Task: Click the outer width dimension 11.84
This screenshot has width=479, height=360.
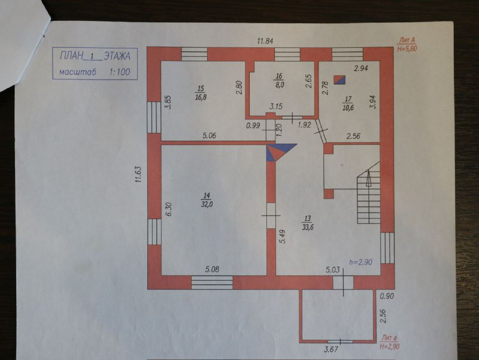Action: click(x=265, y=41)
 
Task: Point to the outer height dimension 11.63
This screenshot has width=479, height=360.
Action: click(x=139, y=174)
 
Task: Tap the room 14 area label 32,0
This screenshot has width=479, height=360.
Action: click(x=207, y=204)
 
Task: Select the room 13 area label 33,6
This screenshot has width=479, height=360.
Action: click(x=308, y=227)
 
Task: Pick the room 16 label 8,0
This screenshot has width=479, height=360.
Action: click(x=279, y=84)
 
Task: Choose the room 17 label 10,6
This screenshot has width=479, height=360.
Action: click(x=348, y=107)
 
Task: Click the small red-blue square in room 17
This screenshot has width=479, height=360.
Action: click(x=339, y=80)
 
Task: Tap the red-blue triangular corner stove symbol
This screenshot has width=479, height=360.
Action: click(x=278, y=152)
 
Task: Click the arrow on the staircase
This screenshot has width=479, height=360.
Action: click(x=368, y=178)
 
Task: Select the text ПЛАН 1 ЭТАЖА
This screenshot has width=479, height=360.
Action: click(x=95, y=56)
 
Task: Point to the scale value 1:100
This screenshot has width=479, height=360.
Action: click(x=120, y=72)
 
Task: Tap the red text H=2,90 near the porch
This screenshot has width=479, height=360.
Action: click(x=390, y=347)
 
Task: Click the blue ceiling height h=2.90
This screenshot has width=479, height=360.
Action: click(x=361, y=262)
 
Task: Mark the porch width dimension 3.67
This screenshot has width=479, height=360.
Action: click(x=331, y=349)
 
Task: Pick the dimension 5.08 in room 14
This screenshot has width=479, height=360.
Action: click(x=212, y=270)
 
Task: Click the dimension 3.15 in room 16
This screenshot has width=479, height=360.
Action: click(x=275, y=107)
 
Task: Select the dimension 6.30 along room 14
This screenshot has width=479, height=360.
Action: click(x=169, y=209)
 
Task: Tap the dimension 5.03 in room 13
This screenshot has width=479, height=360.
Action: click(x=333, y=270)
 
